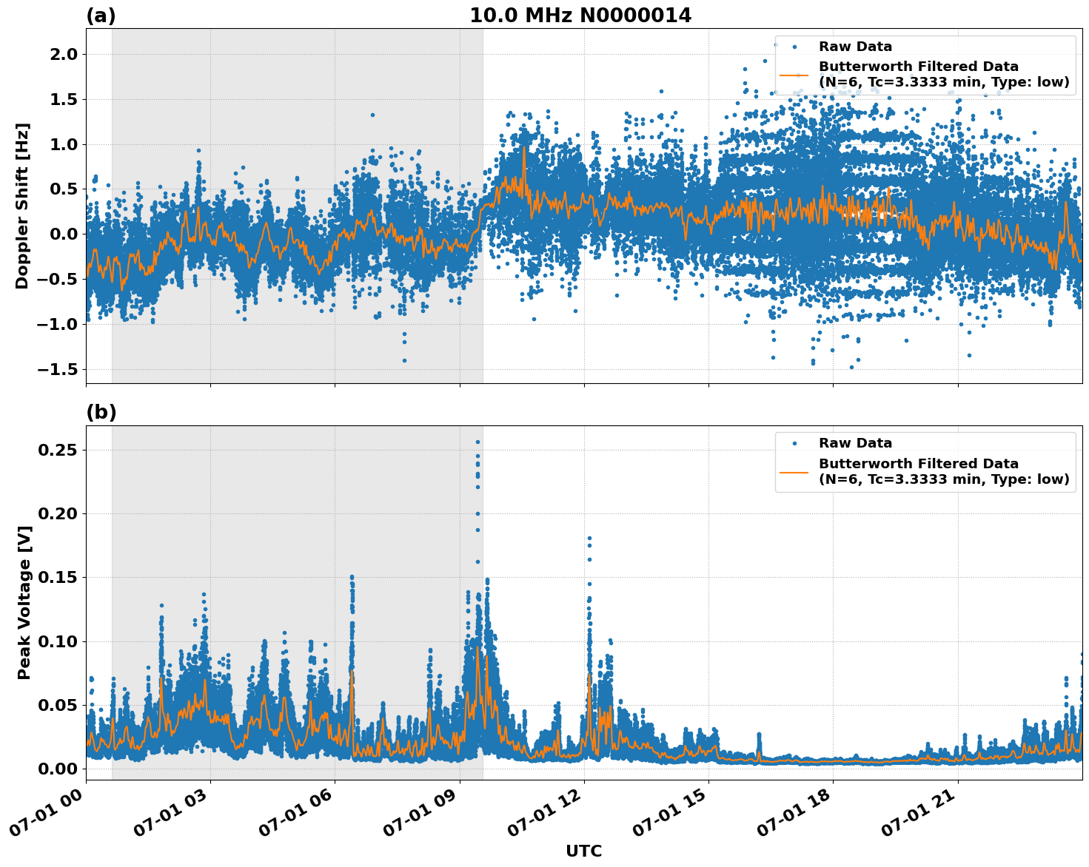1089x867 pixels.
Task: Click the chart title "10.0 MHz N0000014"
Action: coord(580,16)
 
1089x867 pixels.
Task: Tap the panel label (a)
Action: coord(101,16)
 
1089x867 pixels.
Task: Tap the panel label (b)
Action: coord(101,412)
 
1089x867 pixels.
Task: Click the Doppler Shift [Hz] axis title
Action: coord(22,206)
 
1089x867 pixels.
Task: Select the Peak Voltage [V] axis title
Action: coord(24,619)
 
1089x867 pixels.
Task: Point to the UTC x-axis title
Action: coord(583,851)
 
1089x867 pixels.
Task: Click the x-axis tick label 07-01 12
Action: coord(543,816)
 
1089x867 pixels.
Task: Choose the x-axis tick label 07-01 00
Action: coord(44,816)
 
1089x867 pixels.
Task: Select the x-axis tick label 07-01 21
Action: coord(917,816)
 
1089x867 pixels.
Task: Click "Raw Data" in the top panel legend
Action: coord(855,47)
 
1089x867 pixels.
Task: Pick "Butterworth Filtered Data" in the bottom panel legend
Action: coord(918,464)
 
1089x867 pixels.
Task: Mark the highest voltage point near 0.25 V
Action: coord(478,442)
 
